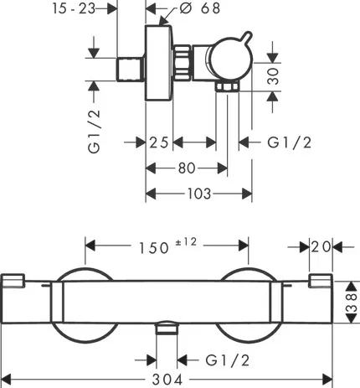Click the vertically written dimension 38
pyautogui.click(x=352, y=297)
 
